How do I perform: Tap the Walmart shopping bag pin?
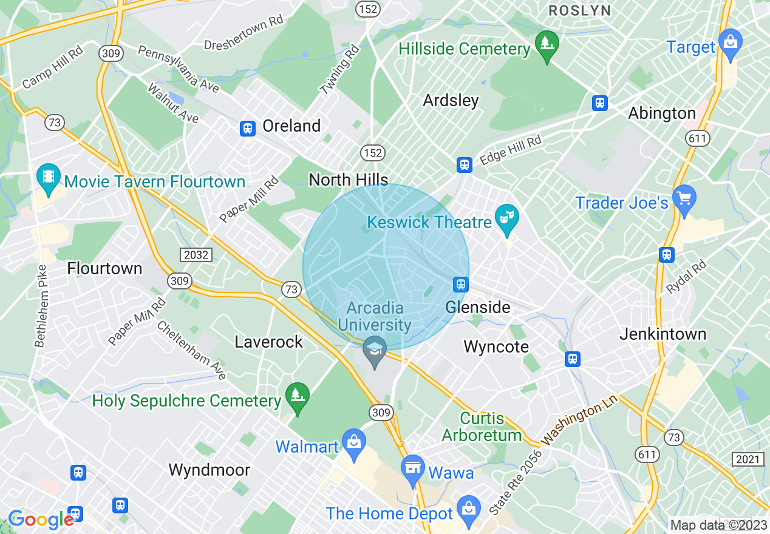pos(353,444)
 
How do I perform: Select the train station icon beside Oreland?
pos(247,128)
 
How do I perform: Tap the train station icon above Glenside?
pos(461,284)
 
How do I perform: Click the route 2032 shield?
pos(196,254)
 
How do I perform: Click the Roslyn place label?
pos(579,10)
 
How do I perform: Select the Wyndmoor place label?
pos(209,470)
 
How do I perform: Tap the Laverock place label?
pos(268,342)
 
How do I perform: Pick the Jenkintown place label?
pos(663,334)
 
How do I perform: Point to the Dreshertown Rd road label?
pos(244,33)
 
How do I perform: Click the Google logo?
pos(41,519)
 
